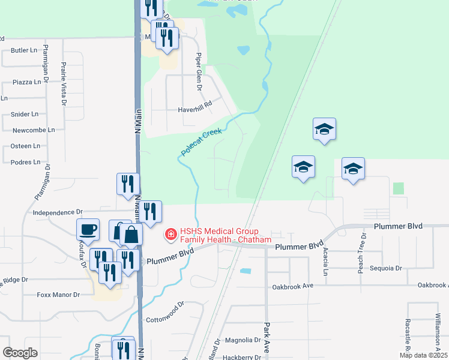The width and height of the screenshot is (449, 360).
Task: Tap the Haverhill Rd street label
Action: pyautogui.click(x=195, y=110)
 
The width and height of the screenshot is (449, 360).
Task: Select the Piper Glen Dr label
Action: pyautogui.click(x=198, y=71)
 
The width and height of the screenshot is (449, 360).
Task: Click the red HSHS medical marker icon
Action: pyautogui.click(x=171, y=233)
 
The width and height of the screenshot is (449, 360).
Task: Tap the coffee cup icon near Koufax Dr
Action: pyautogui.click(x=88, y=229)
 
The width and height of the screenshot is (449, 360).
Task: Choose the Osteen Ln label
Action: pyautogui.click(x=26, y=146)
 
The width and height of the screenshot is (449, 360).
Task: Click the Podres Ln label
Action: pyautogui.click(x=25, y=162)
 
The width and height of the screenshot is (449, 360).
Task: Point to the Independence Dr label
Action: pyautogui.click(x=57, y=212)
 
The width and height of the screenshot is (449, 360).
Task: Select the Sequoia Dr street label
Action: pyautogui.click(x=385, y=268)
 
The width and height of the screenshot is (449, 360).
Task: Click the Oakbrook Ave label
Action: pyautogui.click(x=291, y=286)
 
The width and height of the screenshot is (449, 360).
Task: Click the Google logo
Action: pyautogui.click(x=20, y=353)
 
